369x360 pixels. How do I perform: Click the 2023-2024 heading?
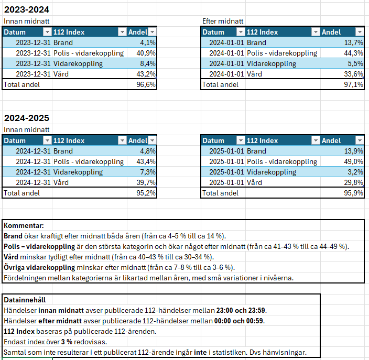click(27, 9)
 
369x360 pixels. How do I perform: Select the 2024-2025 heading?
click(27, 118)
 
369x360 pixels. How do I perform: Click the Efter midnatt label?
click(223, 21)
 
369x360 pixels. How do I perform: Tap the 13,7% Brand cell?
click(353, 42)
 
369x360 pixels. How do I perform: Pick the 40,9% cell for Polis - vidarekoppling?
click(146, 53)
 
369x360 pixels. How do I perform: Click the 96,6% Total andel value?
click(146, 84)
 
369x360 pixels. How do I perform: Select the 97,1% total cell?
click(353, 84)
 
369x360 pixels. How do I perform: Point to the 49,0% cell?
click(353, 161)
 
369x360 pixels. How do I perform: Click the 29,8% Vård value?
click(353, 182)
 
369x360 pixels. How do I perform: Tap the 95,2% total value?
click(146, 193)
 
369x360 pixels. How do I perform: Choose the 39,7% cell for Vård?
click(146, 182)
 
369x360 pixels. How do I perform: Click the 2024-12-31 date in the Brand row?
click(33, 151)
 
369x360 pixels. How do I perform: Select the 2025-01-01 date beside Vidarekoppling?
click(226, 172)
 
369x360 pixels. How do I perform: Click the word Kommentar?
click(24, 226)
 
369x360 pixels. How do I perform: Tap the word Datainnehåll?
click(25, 300)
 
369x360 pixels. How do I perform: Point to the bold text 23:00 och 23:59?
click(241, 310)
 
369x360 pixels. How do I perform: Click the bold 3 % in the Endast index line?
click(67, 342)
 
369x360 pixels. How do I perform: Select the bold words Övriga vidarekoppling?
click(39, 268)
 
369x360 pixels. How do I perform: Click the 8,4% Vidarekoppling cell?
click(148, 63)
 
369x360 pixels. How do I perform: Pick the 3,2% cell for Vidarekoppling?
click(355, 172)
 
